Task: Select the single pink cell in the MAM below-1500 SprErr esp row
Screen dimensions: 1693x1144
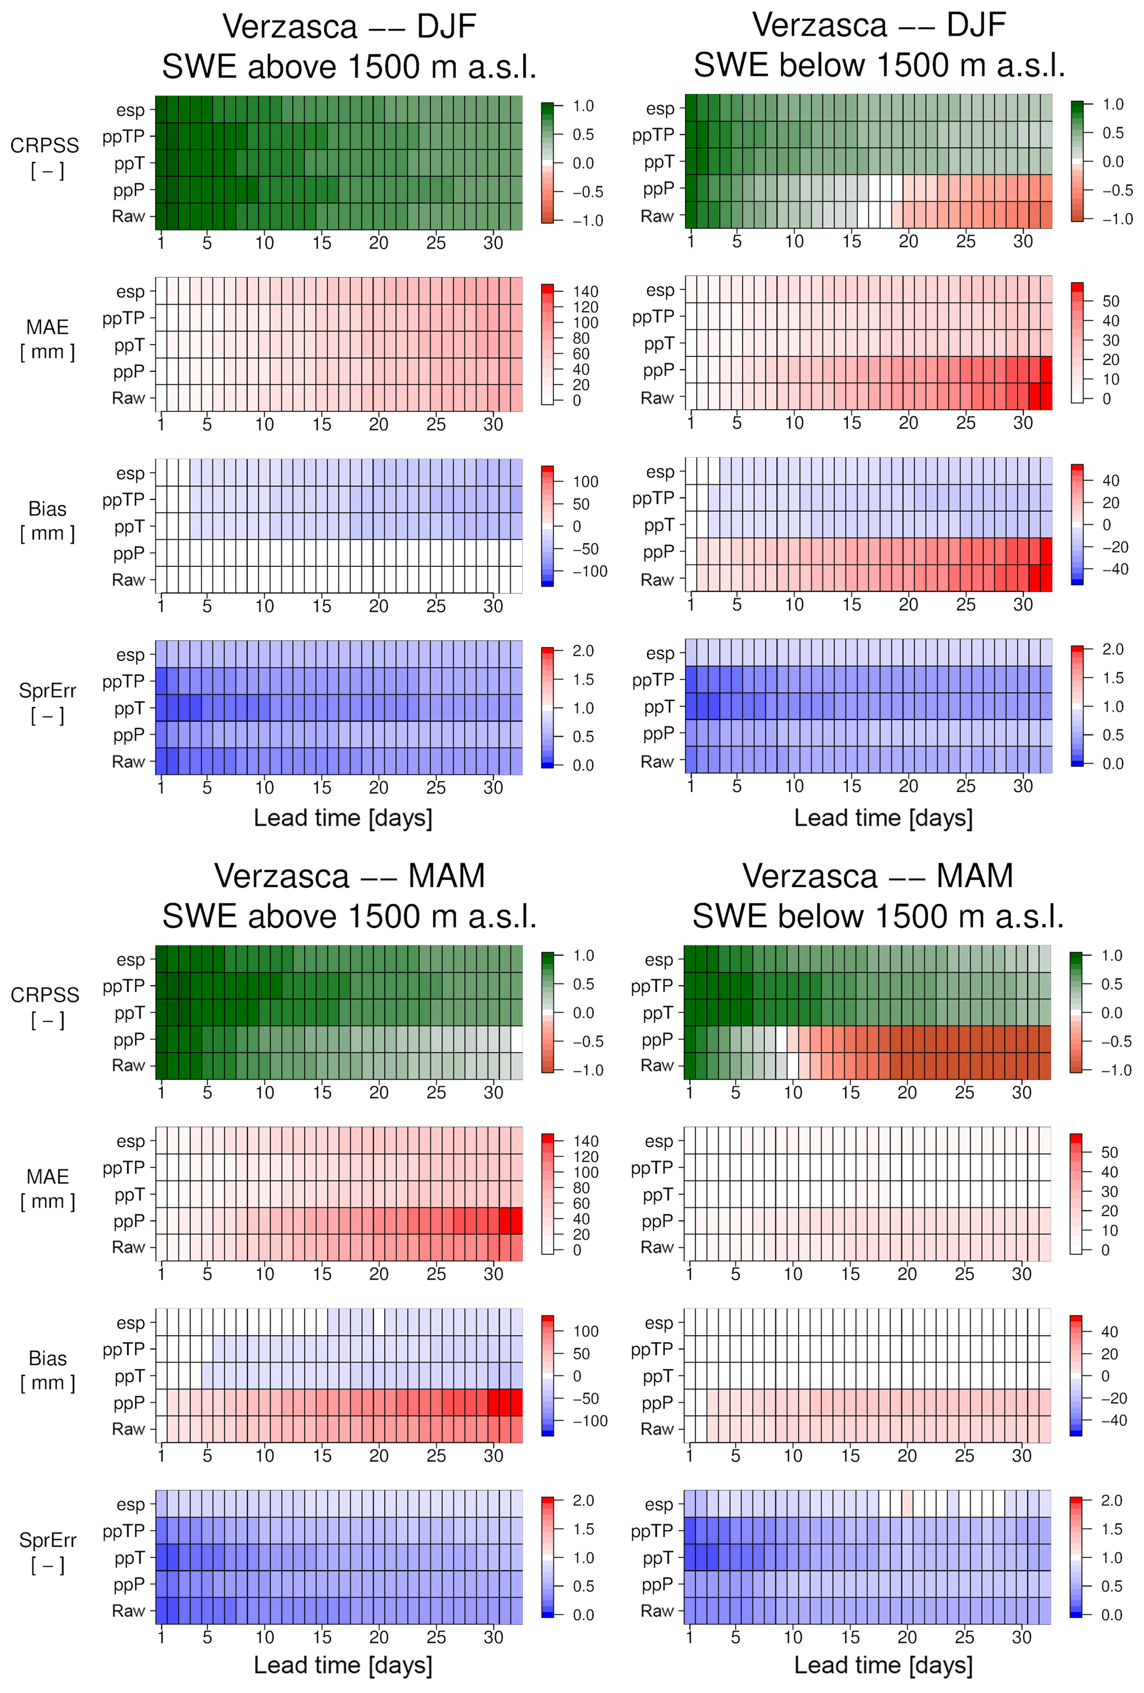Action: pos(907,1503)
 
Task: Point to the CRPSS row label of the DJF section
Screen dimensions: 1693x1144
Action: pos(45,146)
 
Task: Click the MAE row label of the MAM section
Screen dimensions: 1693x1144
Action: pos(48,1177)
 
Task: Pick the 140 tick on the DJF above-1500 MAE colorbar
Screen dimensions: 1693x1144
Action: pos(585,292)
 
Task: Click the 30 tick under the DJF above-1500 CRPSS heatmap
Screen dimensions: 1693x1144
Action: pos(493,242)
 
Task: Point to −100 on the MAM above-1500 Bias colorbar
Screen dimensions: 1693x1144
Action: pos(589,1421)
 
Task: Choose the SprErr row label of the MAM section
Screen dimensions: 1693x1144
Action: pos(48,1540)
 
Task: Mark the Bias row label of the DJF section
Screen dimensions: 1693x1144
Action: pos(48,509)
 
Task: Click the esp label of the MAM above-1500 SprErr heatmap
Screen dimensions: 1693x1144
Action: pos(131,1504)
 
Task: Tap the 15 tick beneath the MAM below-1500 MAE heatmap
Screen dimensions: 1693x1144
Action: pos(850,1273)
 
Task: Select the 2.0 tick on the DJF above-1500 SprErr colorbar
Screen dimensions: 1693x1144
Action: pos(583,650)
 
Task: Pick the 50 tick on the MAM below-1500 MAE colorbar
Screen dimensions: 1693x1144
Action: pos(1109,1152)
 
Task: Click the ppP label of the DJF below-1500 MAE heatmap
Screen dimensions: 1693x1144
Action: pos(658,370)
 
